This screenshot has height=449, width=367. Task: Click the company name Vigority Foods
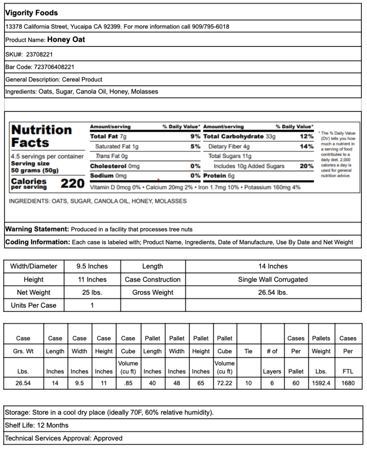coord(32,13)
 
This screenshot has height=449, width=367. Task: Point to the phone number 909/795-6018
coord(211,27)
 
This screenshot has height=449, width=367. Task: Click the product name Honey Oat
coord(66,39)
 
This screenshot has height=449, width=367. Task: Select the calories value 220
coord(72,184)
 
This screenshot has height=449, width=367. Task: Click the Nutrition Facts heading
coord(41,136)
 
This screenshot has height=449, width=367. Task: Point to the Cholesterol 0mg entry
coord(114,166)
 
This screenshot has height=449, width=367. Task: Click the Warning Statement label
coord(37,229)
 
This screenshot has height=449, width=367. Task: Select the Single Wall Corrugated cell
coord(273,279)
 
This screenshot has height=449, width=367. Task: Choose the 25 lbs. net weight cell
coord(92,292)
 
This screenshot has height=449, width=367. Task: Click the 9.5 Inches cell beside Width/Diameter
coord(92,266)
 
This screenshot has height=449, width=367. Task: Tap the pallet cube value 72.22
coord(224,383)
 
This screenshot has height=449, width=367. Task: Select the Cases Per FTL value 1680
coord(348,383)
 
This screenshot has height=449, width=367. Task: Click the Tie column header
coord(248,351)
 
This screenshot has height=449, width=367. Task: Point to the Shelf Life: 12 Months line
coord(37,425)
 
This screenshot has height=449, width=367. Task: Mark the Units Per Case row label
coord(34,305)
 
